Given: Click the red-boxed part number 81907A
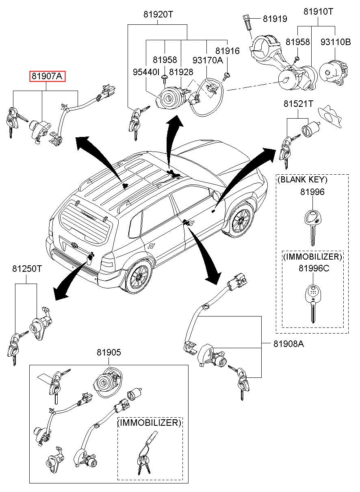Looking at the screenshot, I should pyautogui.click(x=47, y=76).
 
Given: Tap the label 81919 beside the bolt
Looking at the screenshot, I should pyautogui.click(x=275, y=19).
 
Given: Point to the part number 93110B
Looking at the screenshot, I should pyautogui.click(x=335, y=42).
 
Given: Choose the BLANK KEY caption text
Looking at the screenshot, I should pyautogui.click(x=302, y=180).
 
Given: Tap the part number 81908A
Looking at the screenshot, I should pyautogui.click(x=288, y=344).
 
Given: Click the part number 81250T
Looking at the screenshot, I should pyautogui.click(x=26, y=269).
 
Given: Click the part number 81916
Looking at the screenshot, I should pyautogui.click(x=228, y=51).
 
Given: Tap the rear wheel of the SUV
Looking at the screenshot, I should pyautogui.click(x=139, y=276).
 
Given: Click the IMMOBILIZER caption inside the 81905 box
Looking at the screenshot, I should pyautogui.click(x=149, y=423).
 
